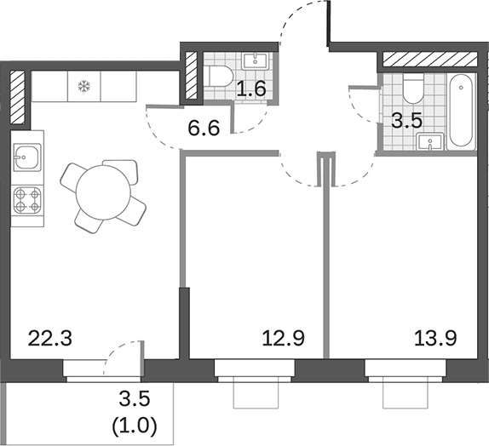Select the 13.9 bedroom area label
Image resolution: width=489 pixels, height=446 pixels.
tap(435, 339)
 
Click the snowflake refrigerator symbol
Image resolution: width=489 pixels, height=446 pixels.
tap(83, 86)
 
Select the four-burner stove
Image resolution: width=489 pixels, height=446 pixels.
tap(27, 203)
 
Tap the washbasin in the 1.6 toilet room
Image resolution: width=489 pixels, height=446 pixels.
tap(255, 60)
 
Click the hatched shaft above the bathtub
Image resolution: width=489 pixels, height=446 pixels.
tap(429, 60)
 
